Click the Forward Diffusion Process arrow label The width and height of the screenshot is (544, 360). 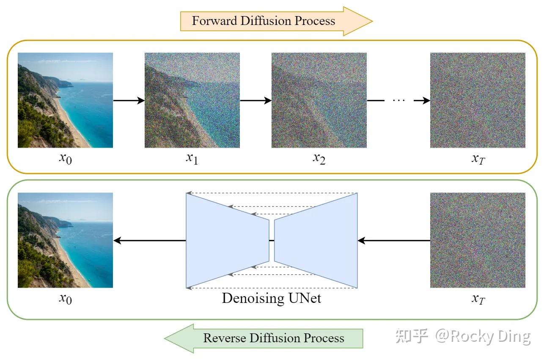tap(264, 21)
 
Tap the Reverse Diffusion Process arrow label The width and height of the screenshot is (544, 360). tap(273, 338)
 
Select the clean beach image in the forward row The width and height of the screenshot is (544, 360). tap(65, 100)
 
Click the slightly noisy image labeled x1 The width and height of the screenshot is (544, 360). tap(192, 100)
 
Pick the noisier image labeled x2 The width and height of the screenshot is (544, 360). tap(319, 100)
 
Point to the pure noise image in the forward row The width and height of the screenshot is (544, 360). tap(478, 100)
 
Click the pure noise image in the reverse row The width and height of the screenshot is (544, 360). tap(478, 240)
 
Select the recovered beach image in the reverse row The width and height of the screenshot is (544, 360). tap(65, 240)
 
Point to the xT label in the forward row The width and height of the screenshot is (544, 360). tap(478, 159)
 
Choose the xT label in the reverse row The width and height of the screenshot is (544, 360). tap(478, 299)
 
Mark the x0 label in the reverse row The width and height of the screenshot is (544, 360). tap(65, 299)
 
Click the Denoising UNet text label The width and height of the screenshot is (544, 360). tap(272, 298)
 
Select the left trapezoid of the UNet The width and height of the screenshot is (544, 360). tap(227, 240)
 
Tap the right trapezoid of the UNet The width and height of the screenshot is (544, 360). tap(316, 240)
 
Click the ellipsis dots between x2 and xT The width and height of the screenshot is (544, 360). tap(398, 101)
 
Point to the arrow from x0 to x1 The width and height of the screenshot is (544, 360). tap(129, 101)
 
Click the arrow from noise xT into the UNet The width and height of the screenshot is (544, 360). tap(394, 241)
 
